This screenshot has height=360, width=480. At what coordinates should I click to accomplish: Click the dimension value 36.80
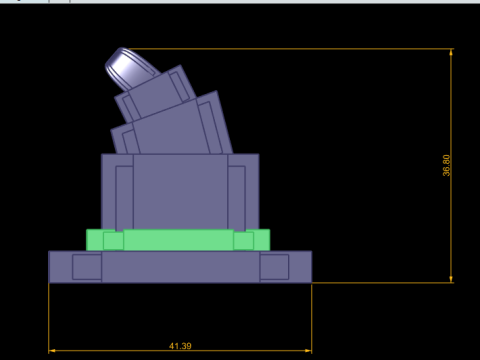coord(447,165)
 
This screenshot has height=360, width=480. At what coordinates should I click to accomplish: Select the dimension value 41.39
coord(180,346)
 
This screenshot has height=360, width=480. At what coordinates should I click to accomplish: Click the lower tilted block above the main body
coord(176,127)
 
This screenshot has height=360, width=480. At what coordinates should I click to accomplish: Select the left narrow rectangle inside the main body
coord(124,197)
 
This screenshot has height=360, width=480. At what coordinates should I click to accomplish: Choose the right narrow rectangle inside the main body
coord(237,197)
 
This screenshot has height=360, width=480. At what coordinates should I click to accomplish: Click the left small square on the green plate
coord(113,240)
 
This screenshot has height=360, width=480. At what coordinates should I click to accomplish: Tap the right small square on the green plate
coord(243,240)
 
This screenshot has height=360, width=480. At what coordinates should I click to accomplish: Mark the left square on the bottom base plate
coord(87,267)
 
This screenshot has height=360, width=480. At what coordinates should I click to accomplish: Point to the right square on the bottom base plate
coord(274,267)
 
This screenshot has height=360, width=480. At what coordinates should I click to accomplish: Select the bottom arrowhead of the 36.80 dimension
coord(452,278)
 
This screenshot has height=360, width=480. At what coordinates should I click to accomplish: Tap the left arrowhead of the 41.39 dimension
coord(53,351)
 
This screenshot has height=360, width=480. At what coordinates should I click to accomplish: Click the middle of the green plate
coord(178,240)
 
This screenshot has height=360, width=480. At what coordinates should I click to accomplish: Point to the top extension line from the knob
coord(300,49)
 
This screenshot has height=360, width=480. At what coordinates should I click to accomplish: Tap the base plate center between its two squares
coord(180,267)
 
